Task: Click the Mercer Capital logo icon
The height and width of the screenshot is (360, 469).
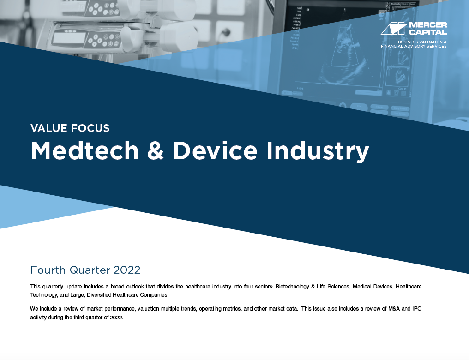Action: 394,29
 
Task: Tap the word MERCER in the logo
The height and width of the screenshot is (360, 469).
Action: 428,25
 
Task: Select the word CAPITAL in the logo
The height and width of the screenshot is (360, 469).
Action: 428,32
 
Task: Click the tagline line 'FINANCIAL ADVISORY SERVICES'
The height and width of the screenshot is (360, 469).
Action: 414,46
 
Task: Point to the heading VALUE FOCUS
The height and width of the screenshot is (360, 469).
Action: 70,128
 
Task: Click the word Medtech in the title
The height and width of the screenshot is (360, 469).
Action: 84,150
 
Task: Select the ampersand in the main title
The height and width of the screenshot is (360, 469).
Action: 156,151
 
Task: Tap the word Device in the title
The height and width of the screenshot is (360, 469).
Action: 215,150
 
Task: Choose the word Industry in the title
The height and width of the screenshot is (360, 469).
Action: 318,152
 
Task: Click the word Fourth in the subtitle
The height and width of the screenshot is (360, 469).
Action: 48,270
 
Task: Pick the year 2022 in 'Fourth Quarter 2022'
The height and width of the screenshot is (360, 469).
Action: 127,270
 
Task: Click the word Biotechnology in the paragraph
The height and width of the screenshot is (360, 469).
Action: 292,287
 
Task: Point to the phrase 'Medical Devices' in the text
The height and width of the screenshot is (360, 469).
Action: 373,287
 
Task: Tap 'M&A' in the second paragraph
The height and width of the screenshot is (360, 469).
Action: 393,309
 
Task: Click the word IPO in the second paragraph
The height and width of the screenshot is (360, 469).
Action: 417,309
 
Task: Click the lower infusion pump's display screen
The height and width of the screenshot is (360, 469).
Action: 69,38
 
